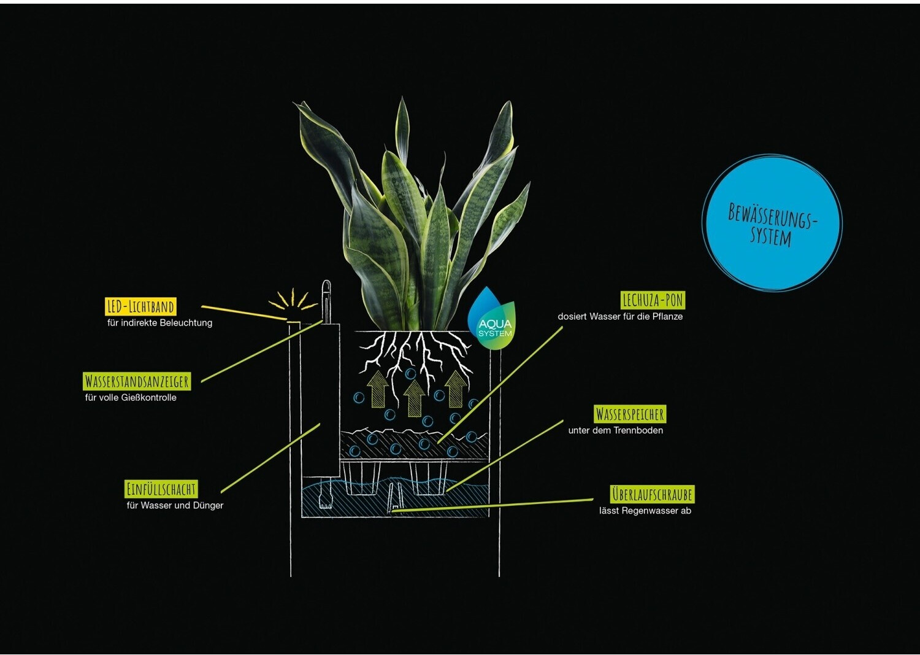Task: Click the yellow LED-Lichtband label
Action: pyautogui.click(x=140, y=307)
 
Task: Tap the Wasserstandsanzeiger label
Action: pyautogui.click(x=137, y=382)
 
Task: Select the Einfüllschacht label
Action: pyautogui.click(x=161, y=489)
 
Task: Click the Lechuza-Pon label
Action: pyautogui.click(x=653, y=300)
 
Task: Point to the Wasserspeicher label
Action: pyautogui.click(x=630, y=414)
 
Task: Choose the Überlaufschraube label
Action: pyautogui.click(x=652, y=494)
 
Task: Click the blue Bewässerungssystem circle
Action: pyautogui.click(x=772, y=222)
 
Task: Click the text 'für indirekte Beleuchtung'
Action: pyautogui.click(x=159, y=323)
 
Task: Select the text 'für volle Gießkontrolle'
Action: pyautogui.click(x=131, y=398)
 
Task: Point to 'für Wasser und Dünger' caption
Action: pyautogui.click(x=175, y=505)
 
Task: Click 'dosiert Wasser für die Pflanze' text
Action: pyautogui.click(x=620, y=317)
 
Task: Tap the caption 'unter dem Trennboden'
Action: pyautogui.click(x=616, y=430)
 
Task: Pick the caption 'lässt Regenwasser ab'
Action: pyautogui.click(x=645, y=511)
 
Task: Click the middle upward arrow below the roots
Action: pyautogui.click(x=414, y=398)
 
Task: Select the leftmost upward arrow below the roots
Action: pyautogui.click(x=377, y=389)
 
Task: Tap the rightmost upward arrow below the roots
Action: pyautogui.click(x=456, y=389)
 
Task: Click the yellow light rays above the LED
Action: pyautogui.click(x=293, y=300)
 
